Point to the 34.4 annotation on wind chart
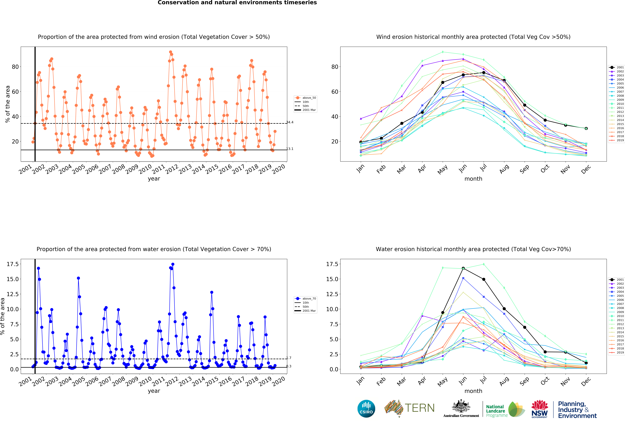pos(290,122)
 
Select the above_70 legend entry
pos(306,299)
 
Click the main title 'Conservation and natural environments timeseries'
pos(237,3)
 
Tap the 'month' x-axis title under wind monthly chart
pos(473,179)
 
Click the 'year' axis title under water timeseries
pos(154,391)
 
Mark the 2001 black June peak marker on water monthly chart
pos(463,268)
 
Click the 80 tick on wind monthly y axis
pos(335,67)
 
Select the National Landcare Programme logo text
pos(496,411)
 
